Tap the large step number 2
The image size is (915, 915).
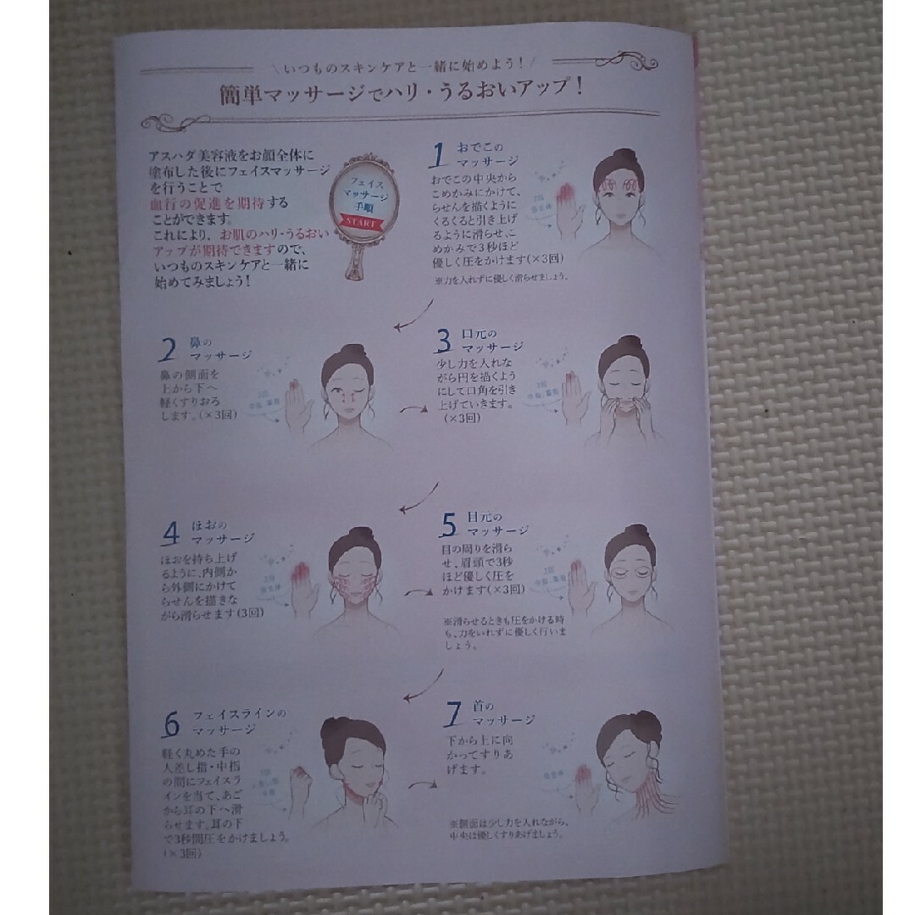169,350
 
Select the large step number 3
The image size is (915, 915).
444,341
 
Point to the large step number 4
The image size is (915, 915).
172,533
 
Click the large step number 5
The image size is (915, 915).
448,526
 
